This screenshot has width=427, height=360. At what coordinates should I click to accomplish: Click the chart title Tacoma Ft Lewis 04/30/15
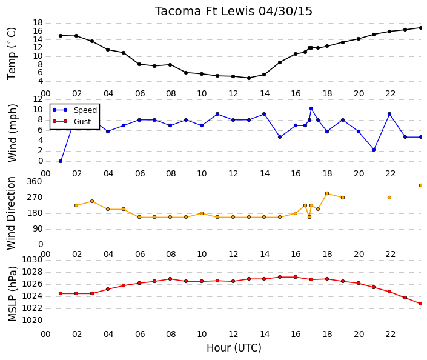tap(233, 12)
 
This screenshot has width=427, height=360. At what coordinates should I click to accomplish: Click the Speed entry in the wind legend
tap(85, 110)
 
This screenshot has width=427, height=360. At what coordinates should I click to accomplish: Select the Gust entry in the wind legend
tap(82, 122)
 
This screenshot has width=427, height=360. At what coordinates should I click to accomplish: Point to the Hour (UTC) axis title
tap(234, 348)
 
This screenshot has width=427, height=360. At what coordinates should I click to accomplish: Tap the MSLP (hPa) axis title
tap(12, 293)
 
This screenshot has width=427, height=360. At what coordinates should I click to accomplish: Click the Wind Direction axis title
tap(11, 213)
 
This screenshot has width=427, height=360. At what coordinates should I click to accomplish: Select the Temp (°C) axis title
tap(12, 53)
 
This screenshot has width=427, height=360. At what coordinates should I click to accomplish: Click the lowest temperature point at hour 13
tap(249, 78)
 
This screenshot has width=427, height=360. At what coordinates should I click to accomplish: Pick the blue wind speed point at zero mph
tap(61, 161)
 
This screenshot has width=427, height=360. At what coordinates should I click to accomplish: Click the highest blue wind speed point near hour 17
tap(311, 108)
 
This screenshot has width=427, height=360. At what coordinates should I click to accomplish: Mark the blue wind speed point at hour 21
tap(374, 150)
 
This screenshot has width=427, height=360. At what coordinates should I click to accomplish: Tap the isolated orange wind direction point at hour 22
tap(389, 198)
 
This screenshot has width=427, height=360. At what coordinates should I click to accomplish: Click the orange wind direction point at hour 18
tap(327, 193)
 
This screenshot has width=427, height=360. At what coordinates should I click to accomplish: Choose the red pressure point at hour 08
tap(170, 279)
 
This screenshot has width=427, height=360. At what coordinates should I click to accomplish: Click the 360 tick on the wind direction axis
tap(35, 181)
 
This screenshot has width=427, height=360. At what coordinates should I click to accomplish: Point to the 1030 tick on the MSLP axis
tap(32, 260)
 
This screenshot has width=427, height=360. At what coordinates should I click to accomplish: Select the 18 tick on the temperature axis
tap(38, 22)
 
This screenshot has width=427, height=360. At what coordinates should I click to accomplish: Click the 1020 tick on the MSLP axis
tap(32, 320)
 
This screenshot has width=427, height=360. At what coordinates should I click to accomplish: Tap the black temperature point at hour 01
tap(61, 35)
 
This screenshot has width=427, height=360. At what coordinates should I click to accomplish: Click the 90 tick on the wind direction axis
tap(38, 228)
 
